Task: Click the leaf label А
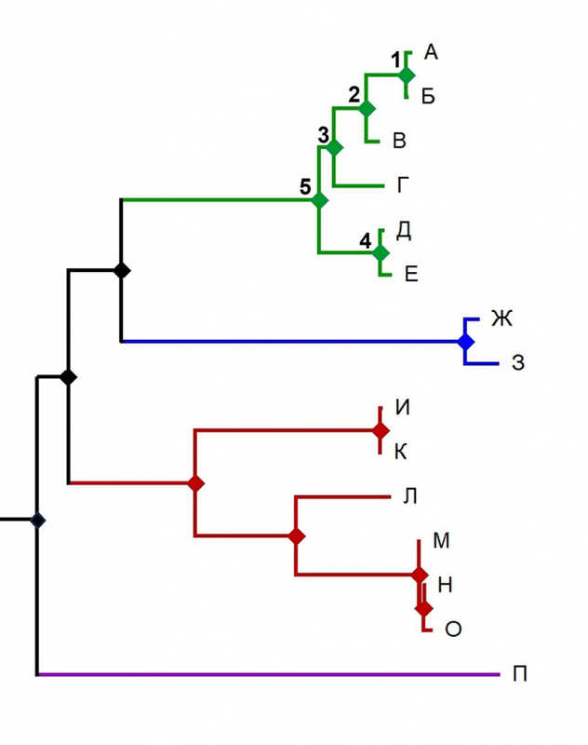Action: click(x=431, y=52)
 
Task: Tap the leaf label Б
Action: click(x=428, y=97)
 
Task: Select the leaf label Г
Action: click(x=403, y=184)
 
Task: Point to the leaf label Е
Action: click(x=411, y=274)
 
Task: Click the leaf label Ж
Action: click(x=501, y=318)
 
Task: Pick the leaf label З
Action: click(x=518, y=362)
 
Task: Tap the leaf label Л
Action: click(x=410, y=496)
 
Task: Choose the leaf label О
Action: click(x=453, y=630)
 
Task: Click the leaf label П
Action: click(x=520, y=673)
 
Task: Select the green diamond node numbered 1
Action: click(x=406, y=74)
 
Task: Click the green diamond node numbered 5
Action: click(x=319, y=200)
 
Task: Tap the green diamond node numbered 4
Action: click(x=381, y=252)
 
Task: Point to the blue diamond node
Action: click(x=465, y=341)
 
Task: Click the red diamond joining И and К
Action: click(x=381, y=430)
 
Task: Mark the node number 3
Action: click(x=323, y=135)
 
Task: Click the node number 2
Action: click(x=354, y=95)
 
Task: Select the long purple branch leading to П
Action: click(x=269, y=673)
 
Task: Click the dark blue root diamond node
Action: click(x=37, y=521)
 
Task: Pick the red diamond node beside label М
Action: click(x=419, y=575)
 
